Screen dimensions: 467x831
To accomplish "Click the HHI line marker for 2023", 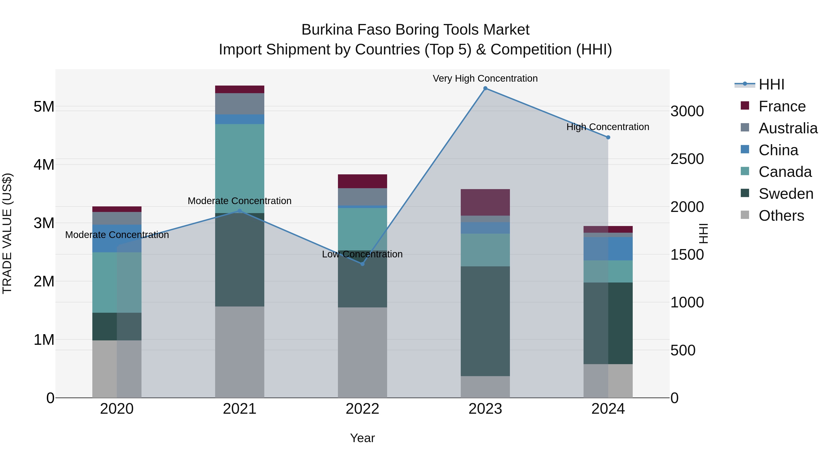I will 485,88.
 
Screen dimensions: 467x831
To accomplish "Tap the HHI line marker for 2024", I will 608,137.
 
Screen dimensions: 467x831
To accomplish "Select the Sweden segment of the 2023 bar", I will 485,321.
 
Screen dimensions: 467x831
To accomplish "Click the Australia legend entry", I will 788,128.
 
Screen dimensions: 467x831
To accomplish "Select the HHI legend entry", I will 771,84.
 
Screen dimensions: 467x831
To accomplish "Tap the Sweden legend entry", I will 786,194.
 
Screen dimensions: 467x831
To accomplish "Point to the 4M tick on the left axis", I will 44,165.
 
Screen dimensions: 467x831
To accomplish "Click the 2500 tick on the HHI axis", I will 687,159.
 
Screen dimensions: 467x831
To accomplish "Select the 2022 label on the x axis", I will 362,409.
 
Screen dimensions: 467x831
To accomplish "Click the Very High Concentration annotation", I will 485,78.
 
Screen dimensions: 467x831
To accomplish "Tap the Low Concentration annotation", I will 362,254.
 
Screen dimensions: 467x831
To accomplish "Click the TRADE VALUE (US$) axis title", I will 7,233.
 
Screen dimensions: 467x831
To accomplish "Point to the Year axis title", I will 362,438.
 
